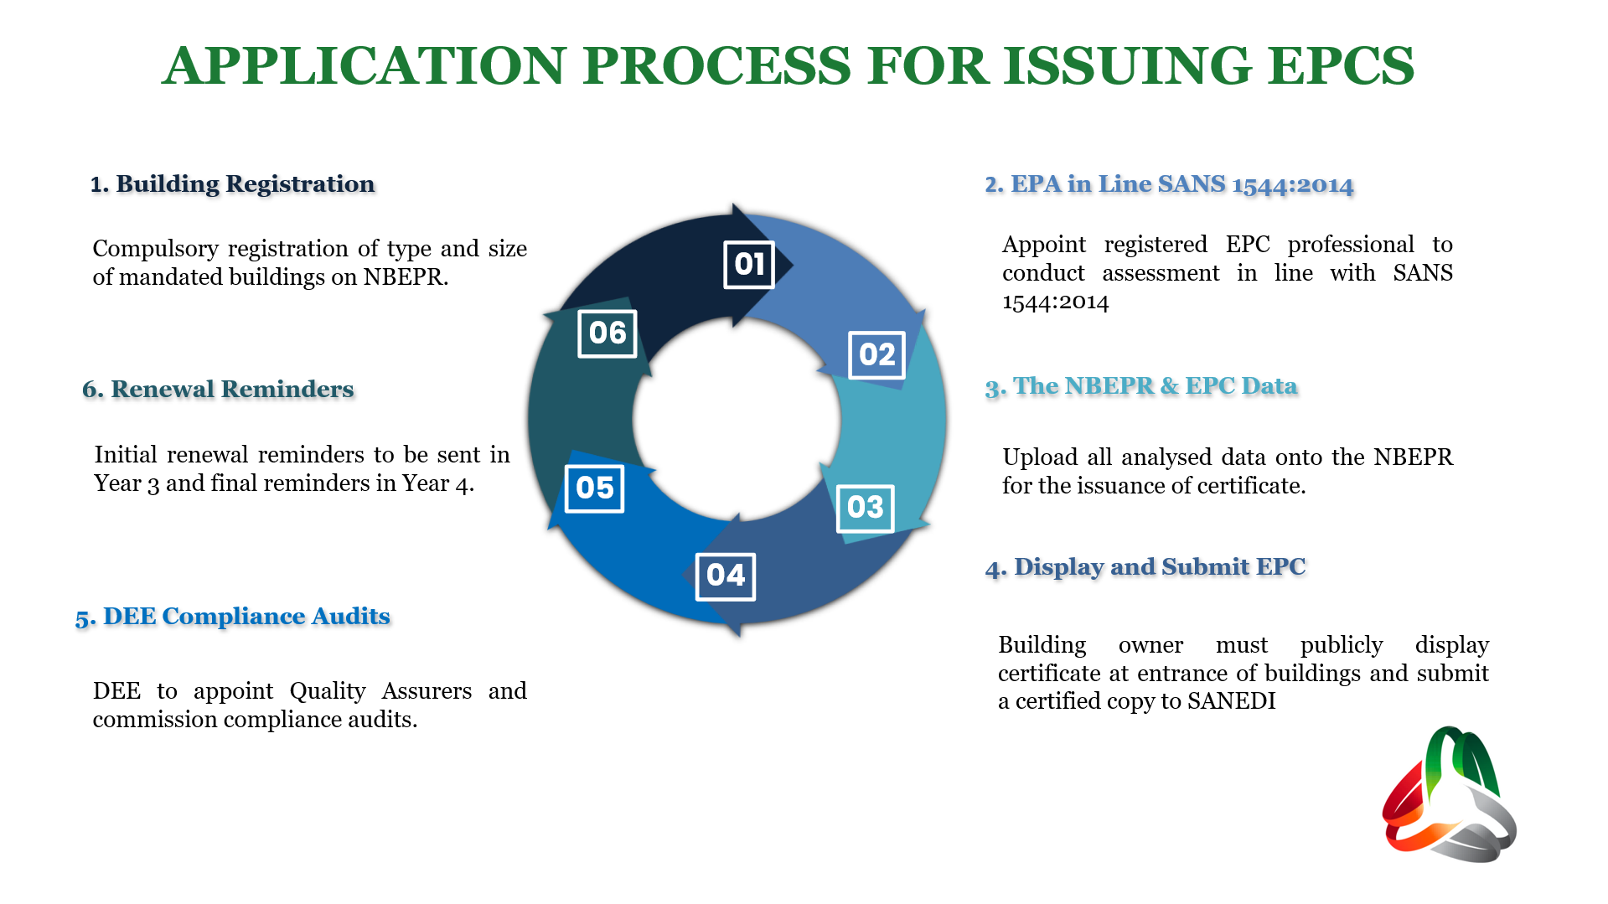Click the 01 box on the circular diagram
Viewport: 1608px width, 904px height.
[748, 265]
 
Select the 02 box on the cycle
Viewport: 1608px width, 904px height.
[876, 355]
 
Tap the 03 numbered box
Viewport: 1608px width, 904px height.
[865, 508]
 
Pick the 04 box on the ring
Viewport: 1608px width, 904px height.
[725, 576]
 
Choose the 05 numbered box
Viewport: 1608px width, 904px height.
[594, 488]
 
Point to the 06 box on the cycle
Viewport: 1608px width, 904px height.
[608, 333]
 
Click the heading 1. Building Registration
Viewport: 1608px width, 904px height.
[232, 184]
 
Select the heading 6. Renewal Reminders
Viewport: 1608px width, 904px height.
[218, 390]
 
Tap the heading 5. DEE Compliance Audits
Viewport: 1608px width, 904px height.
[232, 617]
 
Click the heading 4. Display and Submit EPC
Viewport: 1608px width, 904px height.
[1145, 567]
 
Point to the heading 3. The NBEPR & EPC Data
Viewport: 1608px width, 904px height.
[1140, 386]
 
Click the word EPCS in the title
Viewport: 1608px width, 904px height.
[1340, 66]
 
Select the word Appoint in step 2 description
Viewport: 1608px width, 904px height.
[1043, 245]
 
